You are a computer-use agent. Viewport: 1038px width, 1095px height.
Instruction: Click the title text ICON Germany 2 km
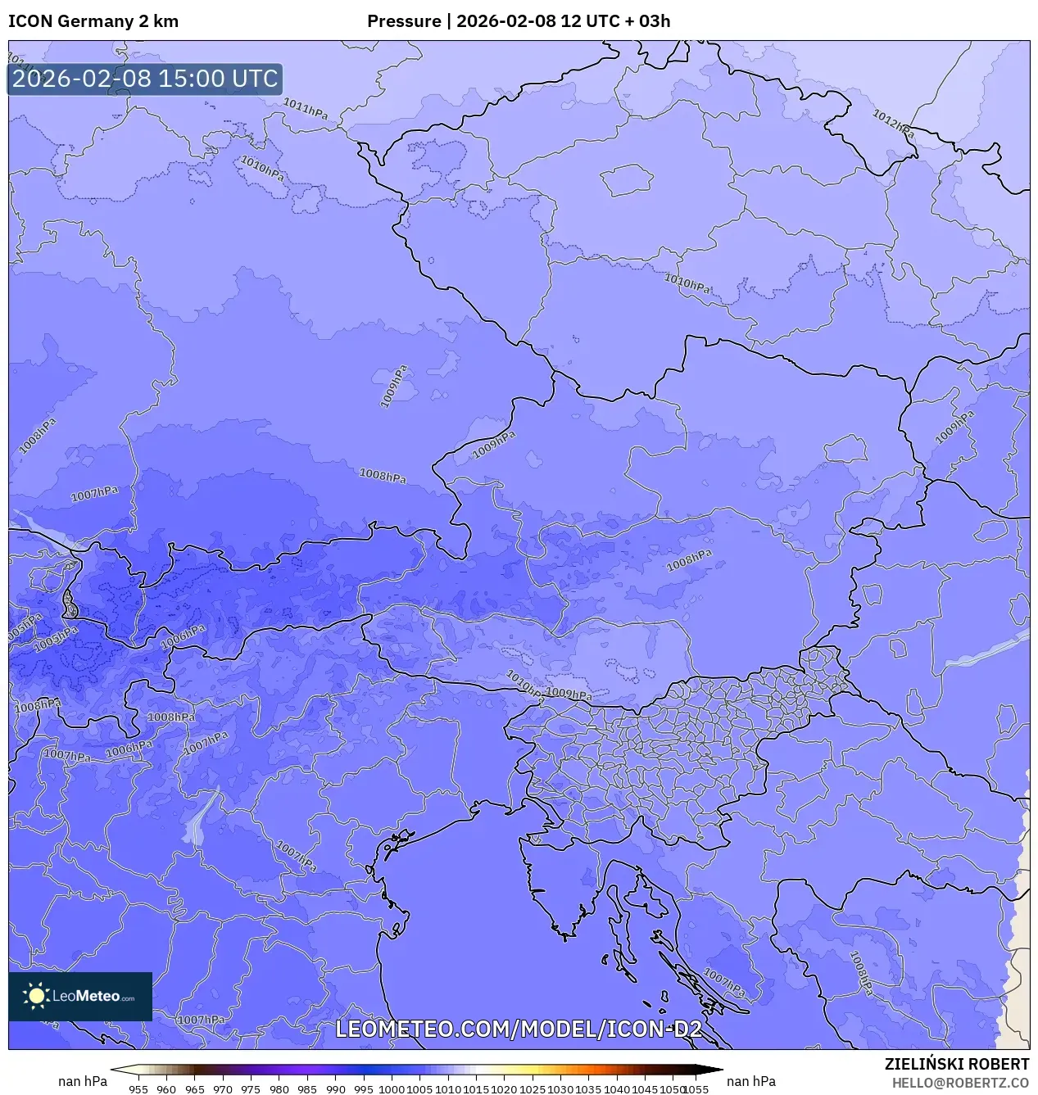tap(93, 21)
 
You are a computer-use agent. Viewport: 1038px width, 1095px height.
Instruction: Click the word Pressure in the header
tap(404, 21)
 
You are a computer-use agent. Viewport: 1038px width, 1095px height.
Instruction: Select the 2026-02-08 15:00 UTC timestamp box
tap(145, 79)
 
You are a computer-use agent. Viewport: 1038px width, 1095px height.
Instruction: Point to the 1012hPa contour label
tap(892, 124)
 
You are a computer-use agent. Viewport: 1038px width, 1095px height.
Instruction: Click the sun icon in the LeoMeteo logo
tap(37, 996)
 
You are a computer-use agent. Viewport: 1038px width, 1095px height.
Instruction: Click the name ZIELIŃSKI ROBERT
tap(956, 1064)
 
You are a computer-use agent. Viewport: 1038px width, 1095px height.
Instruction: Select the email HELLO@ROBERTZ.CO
tap(960, 1083)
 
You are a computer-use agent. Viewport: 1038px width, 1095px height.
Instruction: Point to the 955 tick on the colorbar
tap(138, 1088)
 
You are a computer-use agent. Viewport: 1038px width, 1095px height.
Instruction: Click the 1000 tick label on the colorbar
tap(392, 1088)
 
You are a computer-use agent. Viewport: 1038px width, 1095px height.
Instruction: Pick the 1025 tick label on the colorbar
tap(533, 1088)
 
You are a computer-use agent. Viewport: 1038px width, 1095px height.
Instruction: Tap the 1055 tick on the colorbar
tap(696, 1088)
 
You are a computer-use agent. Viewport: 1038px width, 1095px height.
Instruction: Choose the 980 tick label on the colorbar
tap(279, 1088)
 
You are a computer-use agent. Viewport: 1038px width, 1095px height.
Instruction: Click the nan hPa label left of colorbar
tap(83, 1081)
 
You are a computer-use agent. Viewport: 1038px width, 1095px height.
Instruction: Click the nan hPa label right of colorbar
tap(750, 1081)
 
